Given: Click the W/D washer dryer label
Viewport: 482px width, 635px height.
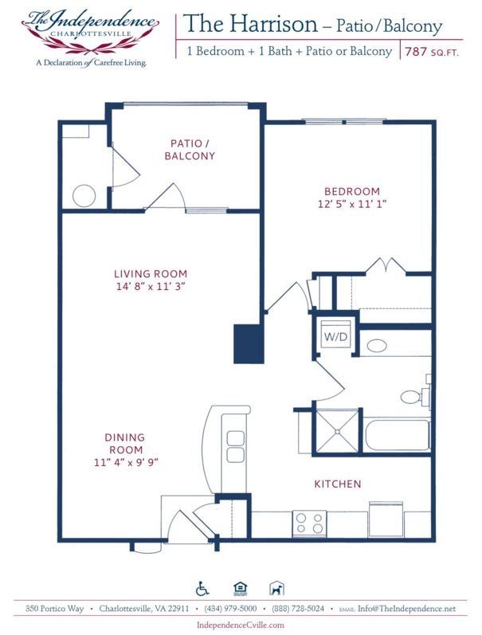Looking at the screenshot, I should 335,336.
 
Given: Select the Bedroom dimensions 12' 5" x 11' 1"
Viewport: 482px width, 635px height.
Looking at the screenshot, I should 351,204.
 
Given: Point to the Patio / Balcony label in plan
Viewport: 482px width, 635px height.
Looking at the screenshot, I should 190,149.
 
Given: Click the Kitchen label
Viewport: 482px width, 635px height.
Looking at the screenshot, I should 338,484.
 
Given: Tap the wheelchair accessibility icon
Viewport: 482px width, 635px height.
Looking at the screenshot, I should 202,589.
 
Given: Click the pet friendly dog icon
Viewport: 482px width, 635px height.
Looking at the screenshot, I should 275,589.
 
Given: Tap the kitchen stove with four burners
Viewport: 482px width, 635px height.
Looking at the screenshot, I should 310,523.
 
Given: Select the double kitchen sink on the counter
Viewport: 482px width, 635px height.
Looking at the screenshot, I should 235,446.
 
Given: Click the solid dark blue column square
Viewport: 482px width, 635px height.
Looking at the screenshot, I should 248,343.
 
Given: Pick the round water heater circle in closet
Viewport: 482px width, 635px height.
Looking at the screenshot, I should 84,194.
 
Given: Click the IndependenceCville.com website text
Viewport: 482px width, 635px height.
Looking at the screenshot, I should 240,625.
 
